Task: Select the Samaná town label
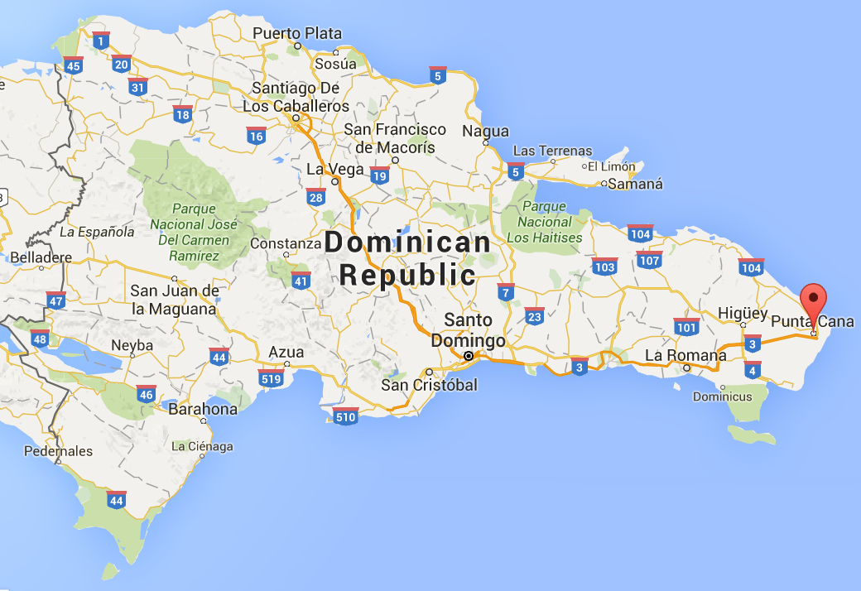click(635, 185)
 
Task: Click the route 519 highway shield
click(271, 377)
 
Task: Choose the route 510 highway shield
click(344, 416)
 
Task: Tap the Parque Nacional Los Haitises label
click(545, 222)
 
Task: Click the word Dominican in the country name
click(408, 243)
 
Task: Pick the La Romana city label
click(685, 356)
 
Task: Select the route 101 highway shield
click(686, 326)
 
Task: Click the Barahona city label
click(202, 409)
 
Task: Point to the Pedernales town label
click(58, 451)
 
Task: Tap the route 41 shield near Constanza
click(301, 280)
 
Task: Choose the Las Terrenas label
click(553, 151)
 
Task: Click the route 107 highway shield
click(649, 259)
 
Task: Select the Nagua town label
click(485, 132)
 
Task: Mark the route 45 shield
click(74, 65)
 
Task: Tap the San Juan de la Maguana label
click(174, 300)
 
